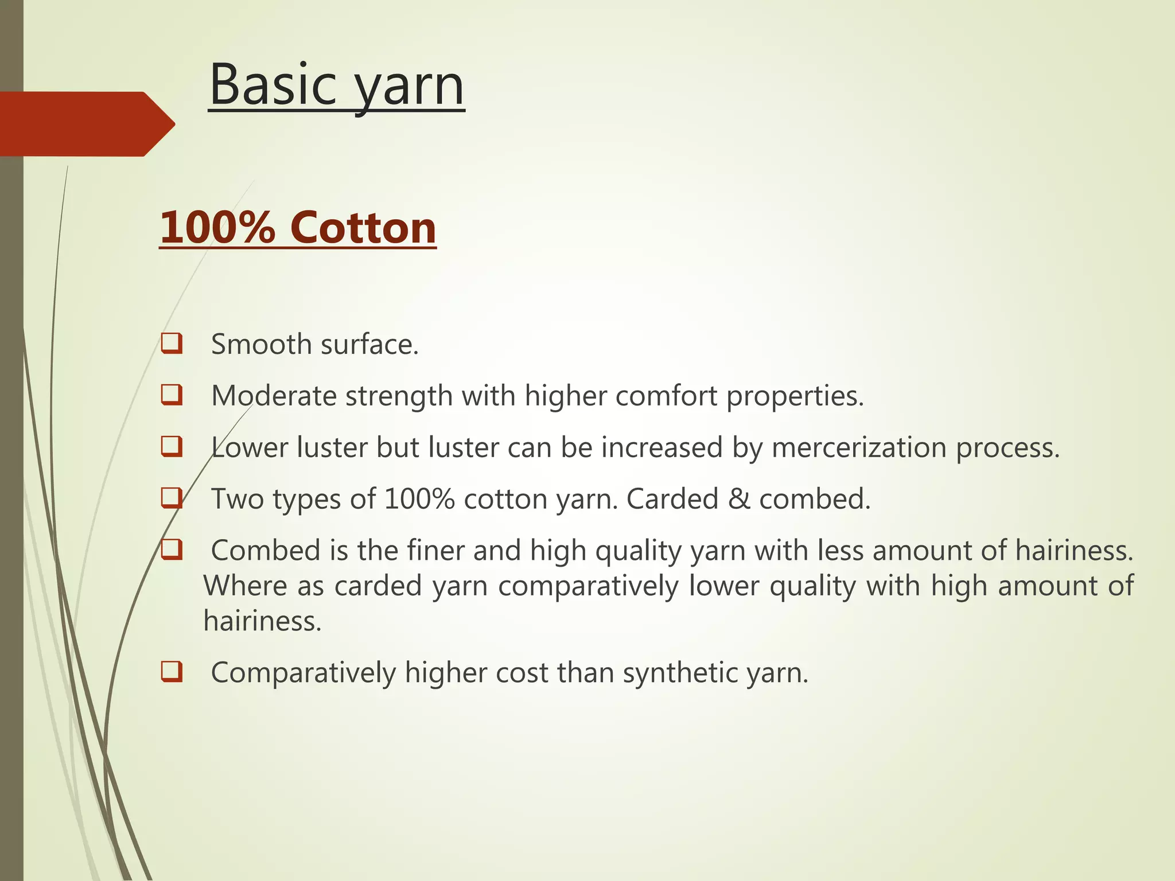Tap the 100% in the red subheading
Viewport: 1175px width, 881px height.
point(217,228)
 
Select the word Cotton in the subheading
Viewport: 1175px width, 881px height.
point(363,228)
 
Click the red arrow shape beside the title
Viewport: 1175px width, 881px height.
point(86,124)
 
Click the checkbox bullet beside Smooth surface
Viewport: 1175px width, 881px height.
point(172,344)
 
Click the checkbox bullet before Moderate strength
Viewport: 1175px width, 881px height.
point(172,395)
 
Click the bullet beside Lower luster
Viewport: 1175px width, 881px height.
point(172,447)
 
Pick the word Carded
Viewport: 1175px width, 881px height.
point(672,499)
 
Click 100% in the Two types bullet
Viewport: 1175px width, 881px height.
point(419,499)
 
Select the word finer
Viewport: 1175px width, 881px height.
point(435,551)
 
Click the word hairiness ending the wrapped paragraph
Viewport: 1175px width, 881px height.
point(262,621)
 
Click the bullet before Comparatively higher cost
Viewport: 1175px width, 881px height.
point(172,672)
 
